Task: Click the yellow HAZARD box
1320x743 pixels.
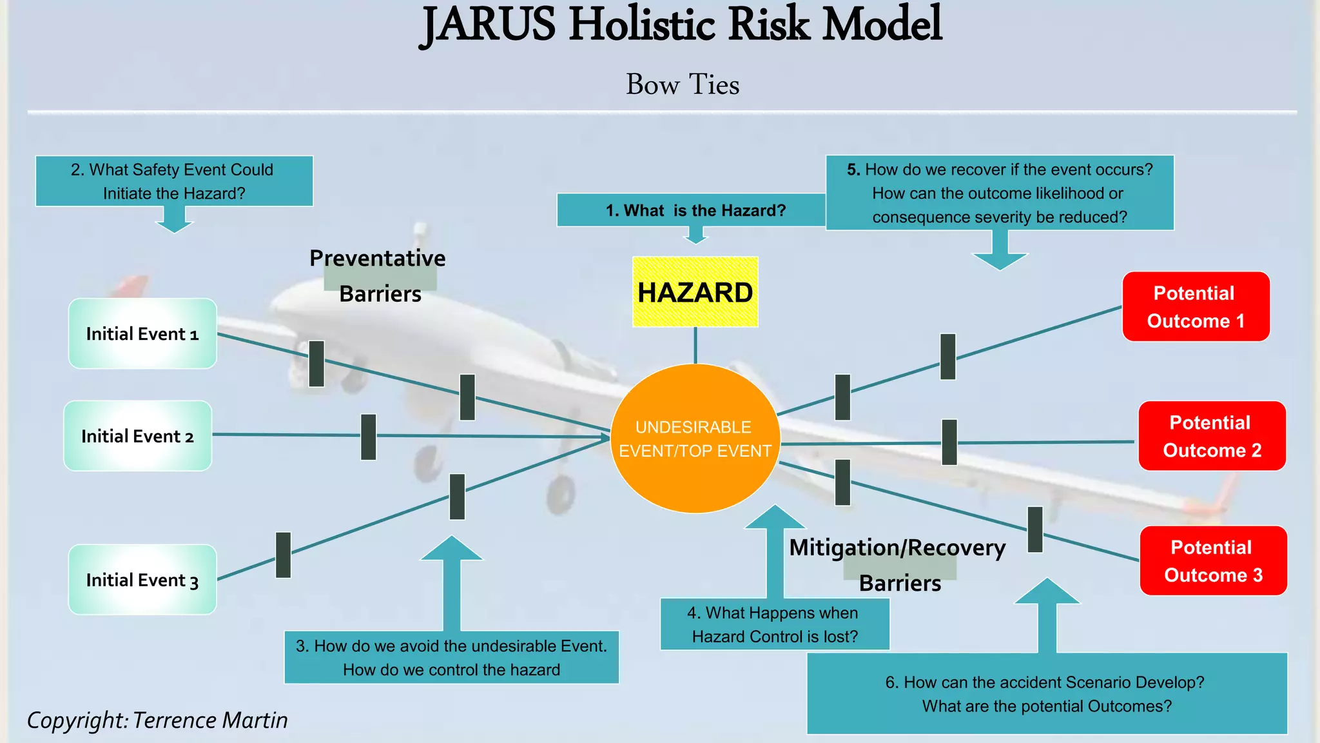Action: tap(695, 292)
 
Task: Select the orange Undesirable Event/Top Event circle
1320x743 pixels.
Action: tap(695, 439)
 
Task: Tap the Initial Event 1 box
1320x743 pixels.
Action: tap(142, 333)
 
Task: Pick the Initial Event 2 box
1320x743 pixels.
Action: tap(137, 436)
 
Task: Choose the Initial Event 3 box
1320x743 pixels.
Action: tap(142, 580)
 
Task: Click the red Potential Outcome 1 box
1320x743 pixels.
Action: tap(1196, 307)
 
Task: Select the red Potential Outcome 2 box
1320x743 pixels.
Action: tap(1212, 436)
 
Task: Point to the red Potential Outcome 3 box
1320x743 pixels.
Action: tap(1213, 560)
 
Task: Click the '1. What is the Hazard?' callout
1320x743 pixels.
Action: tap(695, 210)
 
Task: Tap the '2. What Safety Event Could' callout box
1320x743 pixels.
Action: tap(174, 181)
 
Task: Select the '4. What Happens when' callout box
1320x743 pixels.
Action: tap(775, 624)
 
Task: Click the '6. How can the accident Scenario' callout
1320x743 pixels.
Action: tap(1047, 694)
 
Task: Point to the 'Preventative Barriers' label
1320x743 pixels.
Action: tap(378, 275)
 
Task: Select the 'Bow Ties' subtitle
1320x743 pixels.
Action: tap(683, 84)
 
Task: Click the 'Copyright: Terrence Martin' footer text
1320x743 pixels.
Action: tap(157, 720)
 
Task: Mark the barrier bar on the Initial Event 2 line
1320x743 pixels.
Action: tap(369, 437)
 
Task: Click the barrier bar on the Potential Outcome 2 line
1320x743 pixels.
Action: tap(949, 442)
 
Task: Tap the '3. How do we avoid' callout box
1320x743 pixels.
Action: tap(451, 657)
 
